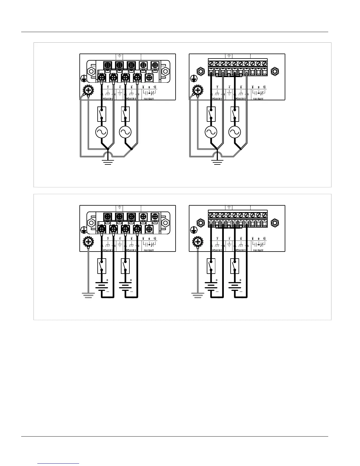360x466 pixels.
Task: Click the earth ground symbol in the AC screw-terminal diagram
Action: point(108,162)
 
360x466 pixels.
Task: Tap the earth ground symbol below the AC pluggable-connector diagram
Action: point(217,162)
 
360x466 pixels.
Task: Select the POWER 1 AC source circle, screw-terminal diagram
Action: point(102,132)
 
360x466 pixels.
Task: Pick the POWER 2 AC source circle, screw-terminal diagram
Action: point(125,132)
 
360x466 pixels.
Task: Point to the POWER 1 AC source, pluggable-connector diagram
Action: point(211,132)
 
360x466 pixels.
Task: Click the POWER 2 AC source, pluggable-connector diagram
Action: point(234,132)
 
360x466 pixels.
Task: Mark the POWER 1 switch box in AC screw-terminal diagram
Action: point(102,114)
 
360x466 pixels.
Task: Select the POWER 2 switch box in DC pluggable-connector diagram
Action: point(234,266)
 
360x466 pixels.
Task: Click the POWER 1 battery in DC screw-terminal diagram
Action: point(101,286)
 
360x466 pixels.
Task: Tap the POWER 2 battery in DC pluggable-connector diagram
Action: point(234,286)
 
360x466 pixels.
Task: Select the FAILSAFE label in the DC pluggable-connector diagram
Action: point(258,250)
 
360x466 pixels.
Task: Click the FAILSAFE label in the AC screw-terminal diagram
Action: point(149,99)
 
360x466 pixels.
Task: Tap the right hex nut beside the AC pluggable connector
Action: point(275,71)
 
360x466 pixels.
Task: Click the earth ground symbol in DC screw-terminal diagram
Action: point(88,295)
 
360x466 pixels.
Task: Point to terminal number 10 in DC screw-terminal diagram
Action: point(155,239)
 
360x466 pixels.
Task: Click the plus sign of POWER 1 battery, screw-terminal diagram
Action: point(107,280)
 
